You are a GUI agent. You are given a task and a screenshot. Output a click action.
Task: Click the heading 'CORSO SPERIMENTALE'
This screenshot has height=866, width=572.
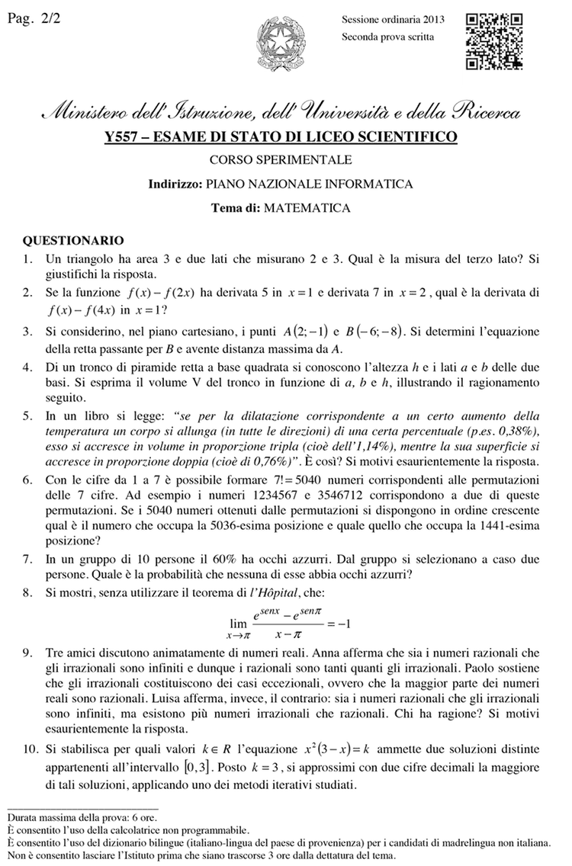coord(281,160)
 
